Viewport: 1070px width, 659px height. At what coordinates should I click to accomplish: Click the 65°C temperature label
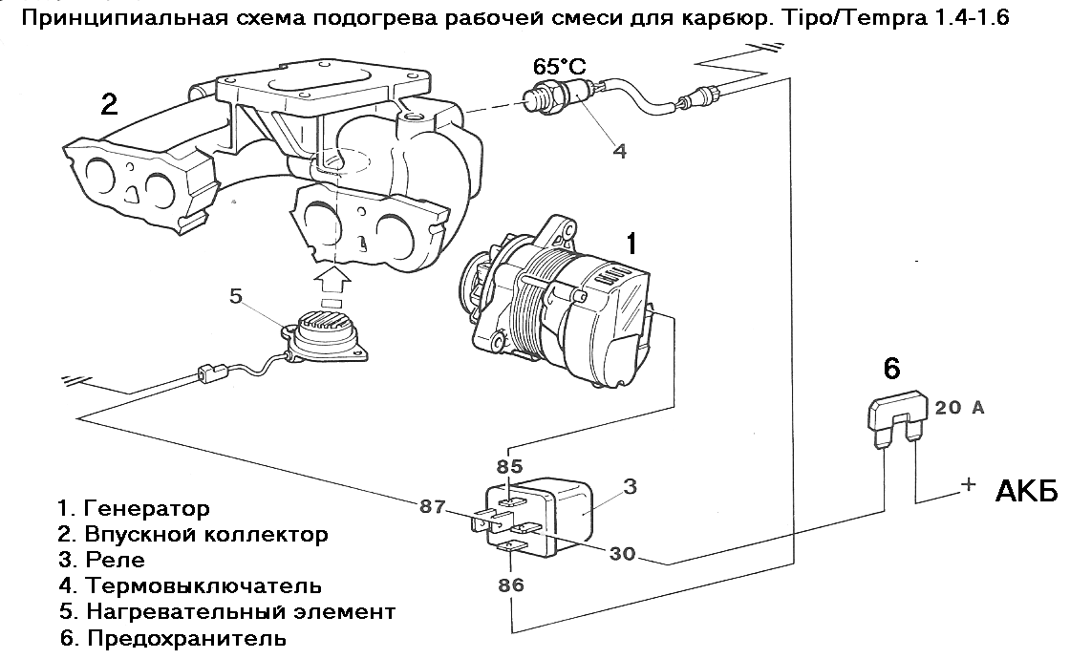pyautogui.click(x=559, y=67)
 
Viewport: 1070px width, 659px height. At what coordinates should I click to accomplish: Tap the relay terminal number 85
pyautogui.click(x=511, y=467)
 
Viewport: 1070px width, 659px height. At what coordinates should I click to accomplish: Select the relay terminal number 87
pyautogui.click(x=433, y=507)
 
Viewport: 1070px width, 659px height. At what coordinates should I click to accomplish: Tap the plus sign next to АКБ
pyautogui.click(x=968, y=484)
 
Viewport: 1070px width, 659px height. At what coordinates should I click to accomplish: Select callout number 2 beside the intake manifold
pyautogui.click(x=110, y=104)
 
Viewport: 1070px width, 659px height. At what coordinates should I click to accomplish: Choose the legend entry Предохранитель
pyautogui.click(x=185, y=637)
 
